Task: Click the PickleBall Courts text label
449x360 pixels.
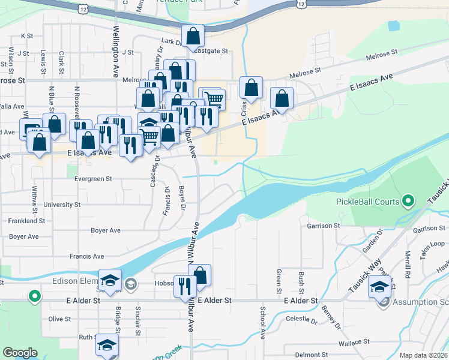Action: pos(368,202)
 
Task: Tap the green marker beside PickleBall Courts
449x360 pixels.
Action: pos(409,200)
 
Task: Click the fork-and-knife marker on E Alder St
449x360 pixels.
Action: pos(184,286)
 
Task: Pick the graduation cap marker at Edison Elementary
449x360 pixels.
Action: pos(110,280)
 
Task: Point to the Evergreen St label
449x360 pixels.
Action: pos(93,179)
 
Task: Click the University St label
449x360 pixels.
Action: pos(62,205)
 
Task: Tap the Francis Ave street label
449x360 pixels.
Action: pos(86,256)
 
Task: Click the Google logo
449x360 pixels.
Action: pos(20,353)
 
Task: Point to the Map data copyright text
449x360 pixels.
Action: pos(423,355)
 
